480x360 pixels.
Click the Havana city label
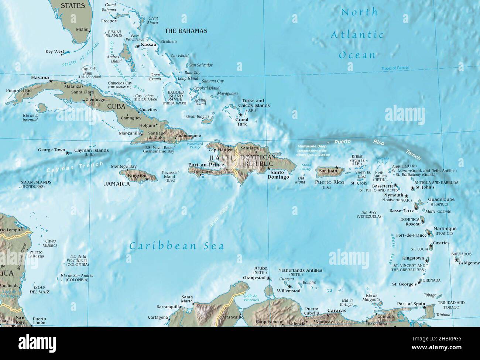coord(40,78)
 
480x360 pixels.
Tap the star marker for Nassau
coord(138,46)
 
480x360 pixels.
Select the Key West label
coord(55,52)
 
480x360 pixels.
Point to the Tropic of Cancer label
coord(395,68)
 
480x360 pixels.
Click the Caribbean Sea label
coord(176,246)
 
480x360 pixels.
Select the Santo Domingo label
coord(280,175)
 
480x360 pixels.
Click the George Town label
coord(51,150)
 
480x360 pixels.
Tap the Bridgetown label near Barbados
coord(469,263)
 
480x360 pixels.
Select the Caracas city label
coord(337,311)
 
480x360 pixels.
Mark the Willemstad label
coord(288,291)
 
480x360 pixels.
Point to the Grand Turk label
coord(242,122)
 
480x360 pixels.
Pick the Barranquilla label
coord(169,306)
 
